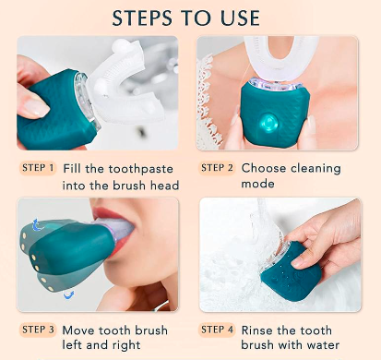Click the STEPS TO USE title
click(x=190, y=18)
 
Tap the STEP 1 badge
click(x=38, y=168)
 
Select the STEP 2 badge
click(x=219, y=168)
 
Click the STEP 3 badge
click(x=38, y=329)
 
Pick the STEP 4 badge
click(x=219, y=329)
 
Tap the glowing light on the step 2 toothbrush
click(x=268, y=122)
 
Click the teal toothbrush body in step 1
click(x=55, y=106)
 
